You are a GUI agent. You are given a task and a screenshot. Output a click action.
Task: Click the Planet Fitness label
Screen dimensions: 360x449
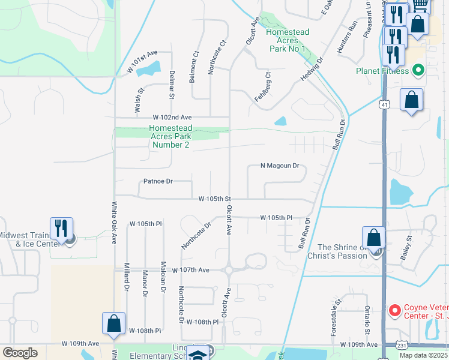(x=382, y=71)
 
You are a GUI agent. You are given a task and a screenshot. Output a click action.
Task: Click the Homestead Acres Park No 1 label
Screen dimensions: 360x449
(x=288, y=40)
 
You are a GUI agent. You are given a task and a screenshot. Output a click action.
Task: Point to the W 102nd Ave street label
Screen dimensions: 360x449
(x=172, y=117)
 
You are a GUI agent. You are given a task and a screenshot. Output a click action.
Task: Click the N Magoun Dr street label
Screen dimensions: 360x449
(x=279, y=166)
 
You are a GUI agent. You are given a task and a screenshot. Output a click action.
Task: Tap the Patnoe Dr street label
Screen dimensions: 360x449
(x=158, y=181)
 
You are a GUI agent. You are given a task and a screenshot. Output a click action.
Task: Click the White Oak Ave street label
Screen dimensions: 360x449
(x=114, y=223)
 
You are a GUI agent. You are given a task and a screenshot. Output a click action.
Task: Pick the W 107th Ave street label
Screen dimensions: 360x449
(x=190, y=271)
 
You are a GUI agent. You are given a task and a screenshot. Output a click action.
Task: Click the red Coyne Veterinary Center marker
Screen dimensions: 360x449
(x=394, y=310)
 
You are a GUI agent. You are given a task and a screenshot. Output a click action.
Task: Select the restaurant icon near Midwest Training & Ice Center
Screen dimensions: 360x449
(x=62, y=228)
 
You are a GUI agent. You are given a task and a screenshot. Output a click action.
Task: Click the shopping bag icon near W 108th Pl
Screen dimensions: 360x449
(x=113, y=323)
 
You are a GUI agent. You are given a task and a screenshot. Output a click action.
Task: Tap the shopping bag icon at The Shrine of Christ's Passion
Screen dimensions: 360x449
(x=374, y=238)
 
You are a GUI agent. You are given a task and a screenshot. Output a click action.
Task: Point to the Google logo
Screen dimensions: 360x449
(x=20, y=352)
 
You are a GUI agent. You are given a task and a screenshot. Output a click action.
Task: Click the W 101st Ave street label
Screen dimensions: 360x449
(x=142, y=70)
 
